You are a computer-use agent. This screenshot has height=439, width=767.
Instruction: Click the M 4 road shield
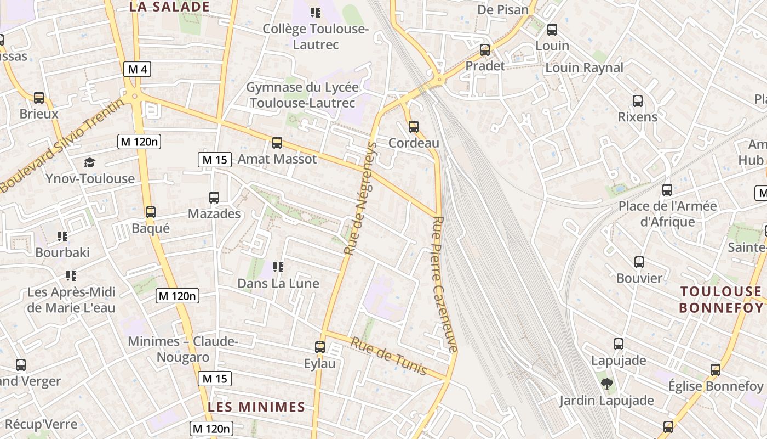point(137,69)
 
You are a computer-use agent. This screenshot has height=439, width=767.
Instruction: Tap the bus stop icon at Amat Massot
point(277,143)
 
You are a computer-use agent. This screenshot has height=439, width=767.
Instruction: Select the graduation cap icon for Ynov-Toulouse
point(89,162)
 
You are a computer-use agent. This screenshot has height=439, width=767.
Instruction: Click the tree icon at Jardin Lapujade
point(606,384)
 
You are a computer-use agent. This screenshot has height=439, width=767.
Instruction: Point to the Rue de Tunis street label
point(388,356)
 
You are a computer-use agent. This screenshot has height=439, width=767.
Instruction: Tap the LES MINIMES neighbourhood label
point(256,407)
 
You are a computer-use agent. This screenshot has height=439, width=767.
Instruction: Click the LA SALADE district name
point(169,7)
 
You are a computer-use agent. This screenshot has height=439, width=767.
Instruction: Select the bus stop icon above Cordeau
point(414,127)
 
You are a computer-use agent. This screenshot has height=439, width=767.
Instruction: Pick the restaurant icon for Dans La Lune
point(278,267)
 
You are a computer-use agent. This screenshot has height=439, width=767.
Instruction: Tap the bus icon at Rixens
point(638,101)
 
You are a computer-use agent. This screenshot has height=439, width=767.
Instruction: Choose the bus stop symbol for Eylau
point(320,347)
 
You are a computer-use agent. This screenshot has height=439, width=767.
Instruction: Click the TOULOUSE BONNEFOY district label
point(721,299)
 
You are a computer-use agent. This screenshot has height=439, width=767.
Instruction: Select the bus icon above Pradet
point(485,50)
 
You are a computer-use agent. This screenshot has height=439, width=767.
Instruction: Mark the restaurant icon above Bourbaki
point(62,237)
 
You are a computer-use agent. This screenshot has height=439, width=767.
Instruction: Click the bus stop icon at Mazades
point(214,198)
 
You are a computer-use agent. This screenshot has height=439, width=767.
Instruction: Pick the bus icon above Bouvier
point(639,262)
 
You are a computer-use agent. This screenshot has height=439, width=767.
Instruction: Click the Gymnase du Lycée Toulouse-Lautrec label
point(302,95)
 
